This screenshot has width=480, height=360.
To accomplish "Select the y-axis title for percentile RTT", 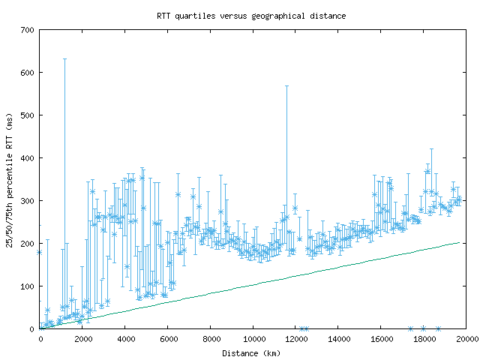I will (9, 178).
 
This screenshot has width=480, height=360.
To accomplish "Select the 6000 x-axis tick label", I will (168, 339).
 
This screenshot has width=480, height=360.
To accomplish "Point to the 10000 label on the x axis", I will (253, 339).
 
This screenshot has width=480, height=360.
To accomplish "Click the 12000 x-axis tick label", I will (296, 339).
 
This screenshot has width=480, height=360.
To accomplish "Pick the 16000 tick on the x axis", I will (382, 339).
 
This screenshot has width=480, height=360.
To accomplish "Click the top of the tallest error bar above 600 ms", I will (64, 58).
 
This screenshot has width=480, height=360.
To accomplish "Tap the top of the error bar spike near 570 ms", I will (286, 85).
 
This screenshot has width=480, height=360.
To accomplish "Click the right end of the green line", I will (460, 242).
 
